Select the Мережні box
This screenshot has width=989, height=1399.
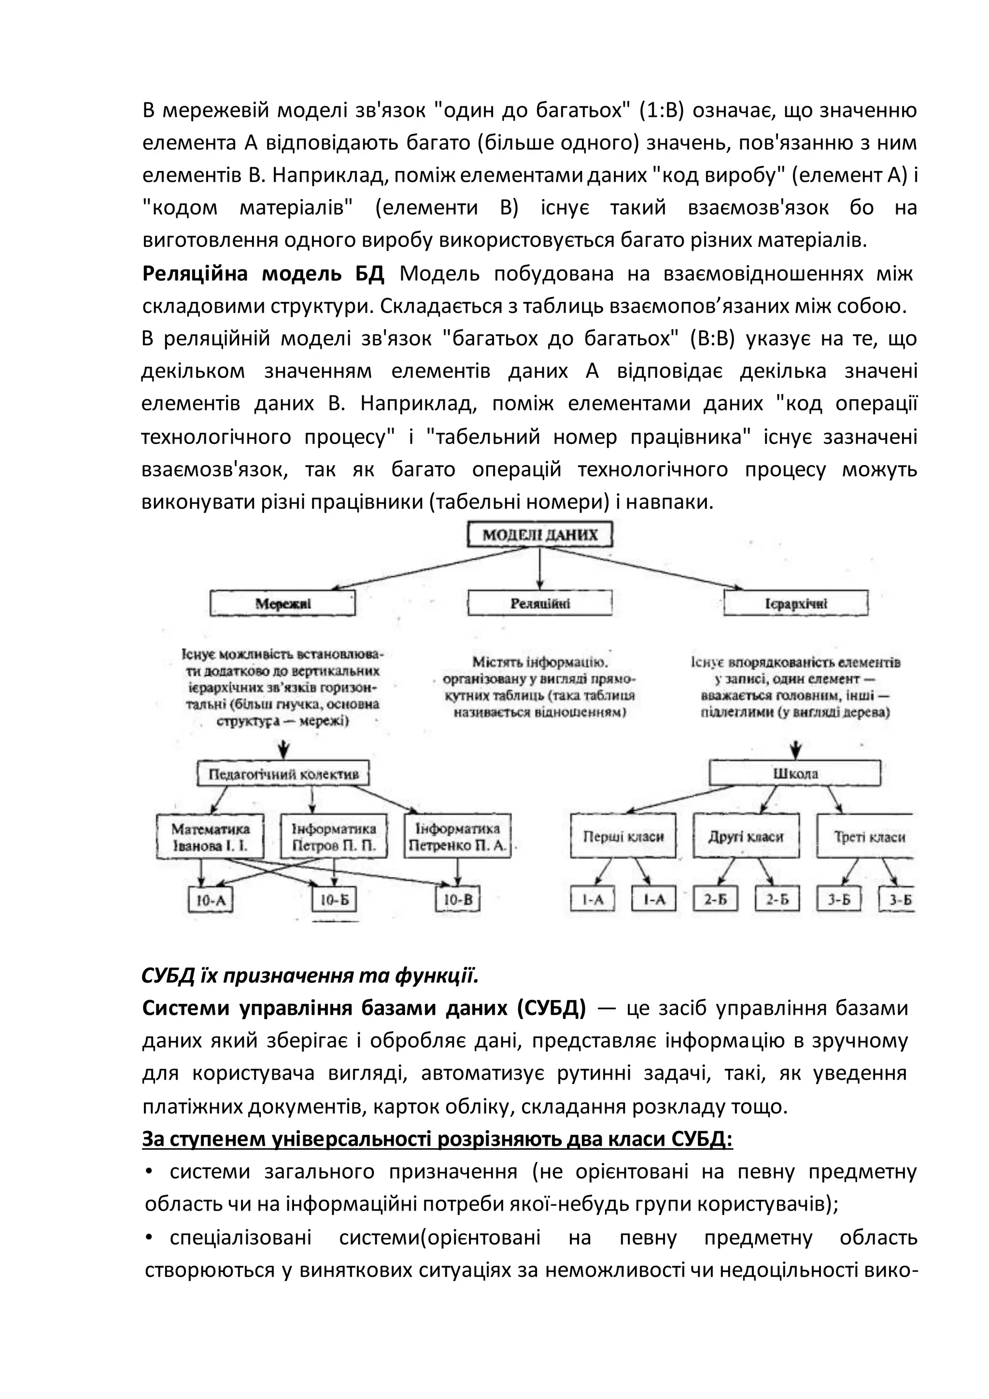tap(283, 604)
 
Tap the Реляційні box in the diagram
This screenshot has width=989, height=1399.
tap(539, 604)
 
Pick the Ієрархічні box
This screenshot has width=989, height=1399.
tap(795, 604)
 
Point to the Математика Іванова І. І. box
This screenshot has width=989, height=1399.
tap(210, 837)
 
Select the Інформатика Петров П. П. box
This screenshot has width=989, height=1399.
tap(334, 837)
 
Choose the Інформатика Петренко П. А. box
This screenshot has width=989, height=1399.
tap(457, 837)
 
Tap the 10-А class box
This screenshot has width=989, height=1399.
tap(211, 900)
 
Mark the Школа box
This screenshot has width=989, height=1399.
tap(795, 774)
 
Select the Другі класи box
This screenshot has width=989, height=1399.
tap(746, 837)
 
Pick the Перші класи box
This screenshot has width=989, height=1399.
tap(623, 837)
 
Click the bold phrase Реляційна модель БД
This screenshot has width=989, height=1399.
tap(263, 274)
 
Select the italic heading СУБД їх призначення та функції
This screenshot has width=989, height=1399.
tap(310, 976)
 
